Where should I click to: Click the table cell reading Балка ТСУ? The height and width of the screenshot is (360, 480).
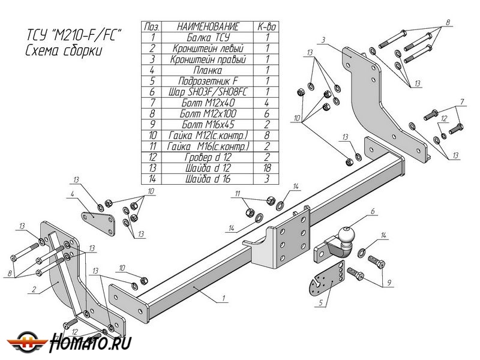(208, 37)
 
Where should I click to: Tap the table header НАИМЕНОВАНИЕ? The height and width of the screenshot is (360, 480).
(208, 26)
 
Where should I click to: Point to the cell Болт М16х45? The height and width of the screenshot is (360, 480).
(208, 124)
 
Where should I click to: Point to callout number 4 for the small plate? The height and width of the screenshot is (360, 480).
(72, 194)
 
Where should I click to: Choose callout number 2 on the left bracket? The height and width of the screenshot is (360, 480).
(35, 290)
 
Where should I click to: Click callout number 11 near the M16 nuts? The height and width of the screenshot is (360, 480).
(237, 193)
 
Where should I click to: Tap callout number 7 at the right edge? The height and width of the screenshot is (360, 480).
(462, 101)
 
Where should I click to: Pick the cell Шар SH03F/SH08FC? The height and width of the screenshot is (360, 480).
(208, 92)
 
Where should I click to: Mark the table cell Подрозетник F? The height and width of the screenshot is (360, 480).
(208, 81)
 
